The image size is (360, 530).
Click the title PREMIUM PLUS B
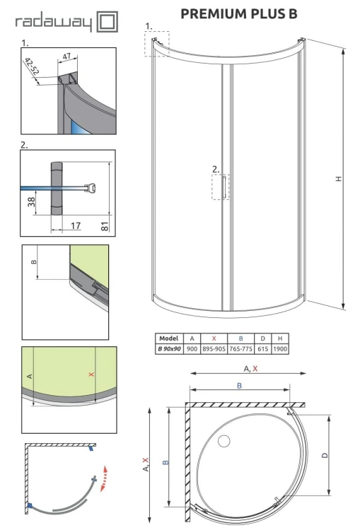point(239,13)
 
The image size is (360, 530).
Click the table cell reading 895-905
point(213,348)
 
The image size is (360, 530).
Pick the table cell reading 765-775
point(240,348)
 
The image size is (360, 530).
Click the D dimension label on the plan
point(324,455)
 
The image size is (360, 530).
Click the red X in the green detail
point(91,374)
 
